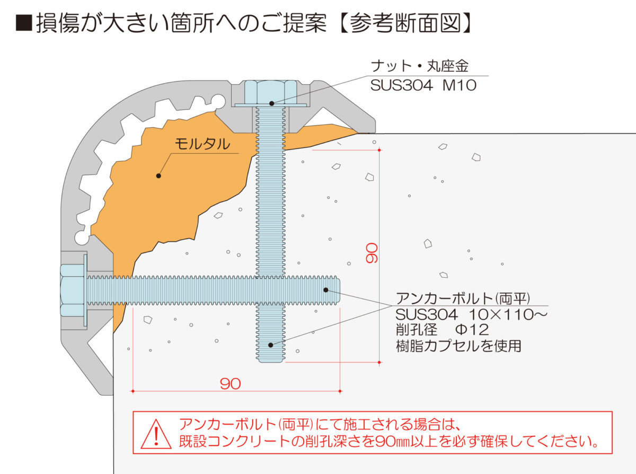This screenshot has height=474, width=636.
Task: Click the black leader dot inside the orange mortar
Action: (x=158, y=176)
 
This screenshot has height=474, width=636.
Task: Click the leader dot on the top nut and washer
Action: (x=271, y=103)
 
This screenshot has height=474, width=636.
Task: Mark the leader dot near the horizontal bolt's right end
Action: (x=326, y=290)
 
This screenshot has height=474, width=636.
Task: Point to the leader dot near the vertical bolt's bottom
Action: (x=270, y=345)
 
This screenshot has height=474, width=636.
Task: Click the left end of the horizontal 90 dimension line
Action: (x=132, y=391)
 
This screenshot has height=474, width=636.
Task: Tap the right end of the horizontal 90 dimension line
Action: (x=340, y=391)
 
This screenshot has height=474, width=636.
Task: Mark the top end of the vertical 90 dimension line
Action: (x=379, y=150)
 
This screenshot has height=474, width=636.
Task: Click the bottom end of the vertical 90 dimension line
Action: (x=379, y=362)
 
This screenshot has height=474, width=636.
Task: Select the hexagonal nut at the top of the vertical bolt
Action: (x=271, y=92)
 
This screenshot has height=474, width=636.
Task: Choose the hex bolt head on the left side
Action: (x=72, y=291)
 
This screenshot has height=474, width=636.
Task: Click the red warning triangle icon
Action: (x=156, y=434)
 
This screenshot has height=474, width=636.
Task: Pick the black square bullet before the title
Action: (x=24, y=22)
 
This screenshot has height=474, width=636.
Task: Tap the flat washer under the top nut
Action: (x=271, y=105)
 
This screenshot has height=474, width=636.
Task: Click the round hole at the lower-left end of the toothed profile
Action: (x=82, y=238)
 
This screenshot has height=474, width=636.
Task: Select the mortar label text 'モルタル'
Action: (x=202, y=144)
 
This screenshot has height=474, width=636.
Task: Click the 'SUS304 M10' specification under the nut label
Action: (x=423, y=85)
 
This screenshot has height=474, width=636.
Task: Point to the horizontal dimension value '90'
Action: (x=230, y=384)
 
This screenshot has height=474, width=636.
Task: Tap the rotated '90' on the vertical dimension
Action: (x=372, y=253)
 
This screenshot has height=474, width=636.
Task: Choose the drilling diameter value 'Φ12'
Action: (x=472, y=330)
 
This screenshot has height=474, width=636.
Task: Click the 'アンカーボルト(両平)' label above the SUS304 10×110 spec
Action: (x=463, y=299)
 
